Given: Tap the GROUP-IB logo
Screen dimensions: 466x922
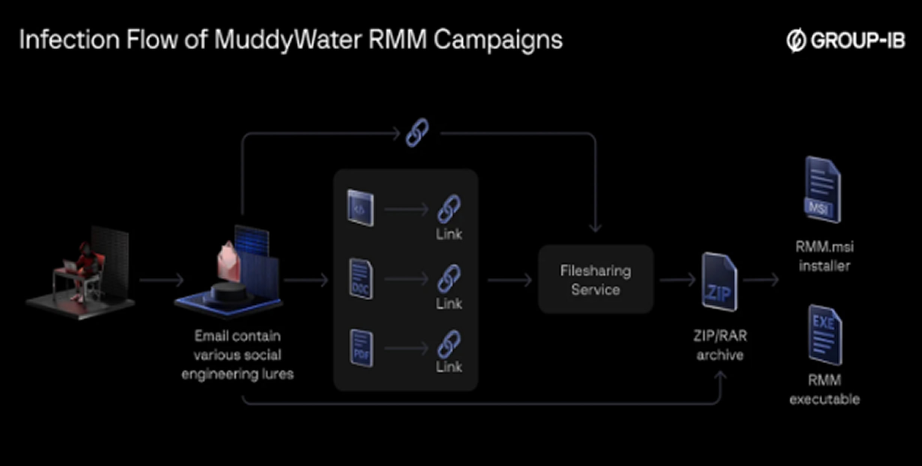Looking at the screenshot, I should [846, 40].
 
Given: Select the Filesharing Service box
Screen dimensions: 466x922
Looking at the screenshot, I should [596, 280].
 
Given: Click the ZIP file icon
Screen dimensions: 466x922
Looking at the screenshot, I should [719, 283].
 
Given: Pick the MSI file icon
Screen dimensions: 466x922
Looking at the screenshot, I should [823, 190].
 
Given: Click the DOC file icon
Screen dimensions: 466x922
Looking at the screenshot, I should [361, 279].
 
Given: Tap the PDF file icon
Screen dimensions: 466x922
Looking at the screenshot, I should [362, 348].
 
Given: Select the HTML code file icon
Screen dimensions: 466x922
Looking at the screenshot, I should [360, 208].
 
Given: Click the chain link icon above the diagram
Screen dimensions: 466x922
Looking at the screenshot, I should [417, 133].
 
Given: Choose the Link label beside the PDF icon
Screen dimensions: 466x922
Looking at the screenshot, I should [449, 367].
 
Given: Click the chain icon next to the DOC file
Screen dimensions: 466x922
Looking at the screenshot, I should [449, 278].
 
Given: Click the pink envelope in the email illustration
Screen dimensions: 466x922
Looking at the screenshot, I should [229, 262].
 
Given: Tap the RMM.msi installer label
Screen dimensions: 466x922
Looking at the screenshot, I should [824, 256].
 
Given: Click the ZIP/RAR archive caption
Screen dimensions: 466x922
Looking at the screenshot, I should [720, 345].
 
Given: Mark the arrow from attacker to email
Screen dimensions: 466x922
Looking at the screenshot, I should [161, 280].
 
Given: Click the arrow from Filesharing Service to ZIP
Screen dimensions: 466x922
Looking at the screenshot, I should [677, 280].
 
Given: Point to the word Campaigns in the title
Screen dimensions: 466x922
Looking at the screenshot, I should [498, 40].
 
